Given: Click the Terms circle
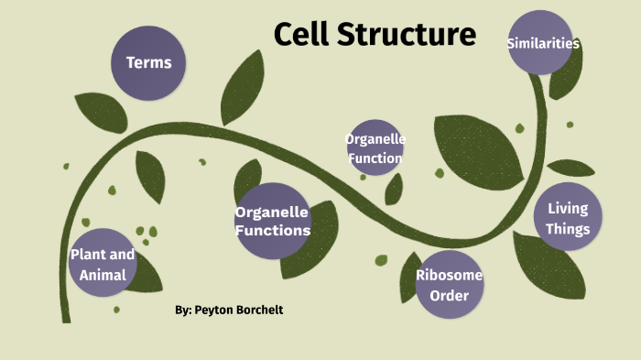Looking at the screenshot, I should (x=148, y=63).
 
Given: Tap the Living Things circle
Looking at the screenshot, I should (x=568, y=219).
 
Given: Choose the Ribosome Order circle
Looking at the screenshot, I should (x=449, y=285).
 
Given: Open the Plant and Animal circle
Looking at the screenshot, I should (x=103, y=263).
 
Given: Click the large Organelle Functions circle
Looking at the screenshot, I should (x=272, y=221).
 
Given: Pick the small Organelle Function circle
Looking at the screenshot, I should (x=375, y=147).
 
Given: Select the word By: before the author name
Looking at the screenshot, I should (x=183, y=311).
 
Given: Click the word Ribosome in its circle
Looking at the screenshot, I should (x=449, y=275).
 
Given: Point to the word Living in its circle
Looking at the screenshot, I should (x=568, y=209).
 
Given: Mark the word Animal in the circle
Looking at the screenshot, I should (x=103, y=275).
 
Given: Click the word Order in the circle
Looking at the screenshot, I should (x=449, y=295).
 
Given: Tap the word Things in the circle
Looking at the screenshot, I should (x=568, y=230).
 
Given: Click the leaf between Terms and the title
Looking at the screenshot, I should (x=241, y=77).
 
